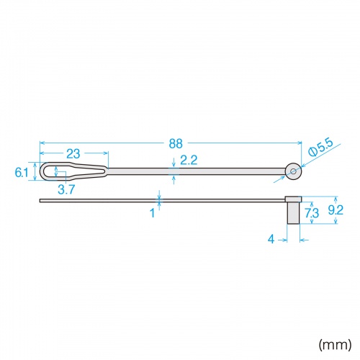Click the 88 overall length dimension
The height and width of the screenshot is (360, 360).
coord(176,143)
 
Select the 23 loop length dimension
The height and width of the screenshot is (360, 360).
coord(73,154)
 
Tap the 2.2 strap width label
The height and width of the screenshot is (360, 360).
coord(189,160)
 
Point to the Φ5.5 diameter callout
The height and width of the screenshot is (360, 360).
coord(321,148)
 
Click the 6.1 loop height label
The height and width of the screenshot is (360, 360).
coord(22,172)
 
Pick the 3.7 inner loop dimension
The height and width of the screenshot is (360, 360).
coord(66,189)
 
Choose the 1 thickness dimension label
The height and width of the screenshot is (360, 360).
coord(153,213)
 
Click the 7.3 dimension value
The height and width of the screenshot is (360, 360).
coord(312,213)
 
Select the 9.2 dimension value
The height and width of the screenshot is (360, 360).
coord(336,210)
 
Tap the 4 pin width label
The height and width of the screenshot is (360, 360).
coord(271,239)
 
